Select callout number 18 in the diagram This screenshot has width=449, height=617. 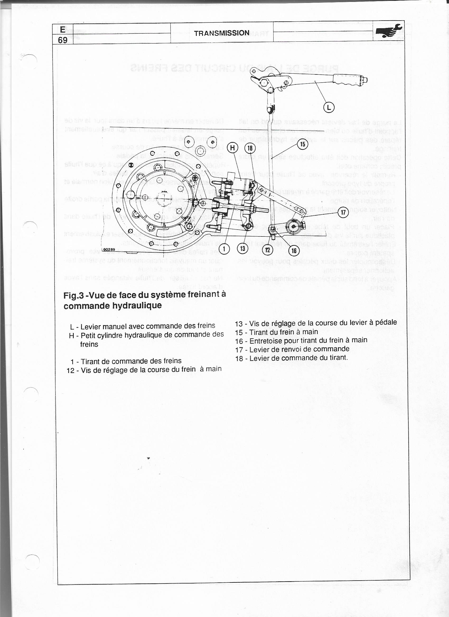coord(250,148)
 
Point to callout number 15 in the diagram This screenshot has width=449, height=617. coord(303,144)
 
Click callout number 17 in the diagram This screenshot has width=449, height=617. coord(343,212)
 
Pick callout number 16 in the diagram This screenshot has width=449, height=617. coord(294,250)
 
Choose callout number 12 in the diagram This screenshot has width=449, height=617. coord(267,250)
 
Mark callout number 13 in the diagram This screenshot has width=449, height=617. coord(242,248)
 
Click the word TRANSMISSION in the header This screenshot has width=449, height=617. coord(222,33)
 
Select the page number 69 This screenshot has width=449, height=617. coord(63,40)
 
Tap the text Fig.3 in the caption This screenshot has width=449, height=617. coord(73,296)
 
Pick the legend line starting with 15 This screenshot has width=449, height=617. coord(276,332)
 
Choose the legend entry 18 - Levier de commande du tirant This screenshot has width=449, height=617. coord(291,358)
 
